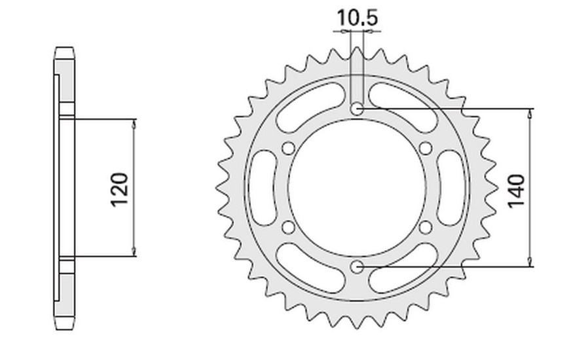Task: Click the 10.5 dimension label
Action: click(x=358, y=18)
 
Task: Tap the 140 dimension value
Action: click(x=517, y=192)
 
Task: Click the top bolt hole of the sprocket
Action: click(x=357, y=109)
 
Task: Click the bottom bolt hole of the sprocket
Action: click(x=357, y=268)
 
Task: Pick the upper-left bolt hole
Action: click(x=289, y=149)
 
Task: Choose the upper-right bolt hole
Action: click(x=426, y=149)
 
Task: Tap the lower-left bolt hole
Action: click(x=289, y=228)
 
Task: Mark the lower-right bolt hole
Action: click(x=426, y=228)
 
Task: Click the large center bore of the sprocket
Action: click(x=357, y=188)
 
